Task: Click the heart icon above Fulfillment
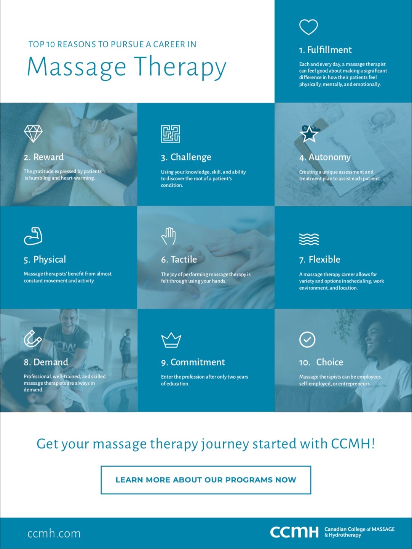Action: coord(308,27)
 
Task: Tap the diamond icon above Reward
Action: coord(33,133)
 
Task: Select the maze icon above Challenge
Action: coord(170,134)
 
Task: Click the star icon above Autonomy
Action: coord(309,134)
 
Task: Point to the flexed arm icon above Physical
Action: coord(33,236)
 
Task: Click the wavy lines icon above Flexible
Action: coord(309,239)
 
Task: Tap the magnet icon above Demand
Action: coord(32,339)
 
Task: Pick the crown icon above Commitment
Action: coord(171,340)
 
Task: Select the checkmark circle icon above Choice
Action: coord(307,339)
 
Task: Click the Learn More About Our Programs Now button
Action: coord(206,480)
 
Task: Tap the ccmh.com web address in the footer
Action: coord(54,533)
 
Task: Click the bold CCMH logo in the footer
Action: coord(294,532)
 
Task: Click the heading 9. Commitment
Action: coord(193,362)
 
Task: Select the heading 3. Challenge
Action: coord(186,157)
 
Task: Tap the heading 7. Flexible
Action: coord(319,260)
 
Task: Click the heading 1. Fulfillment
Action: coord(325,50)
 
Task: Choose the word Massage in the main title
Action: coord(77,67)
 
